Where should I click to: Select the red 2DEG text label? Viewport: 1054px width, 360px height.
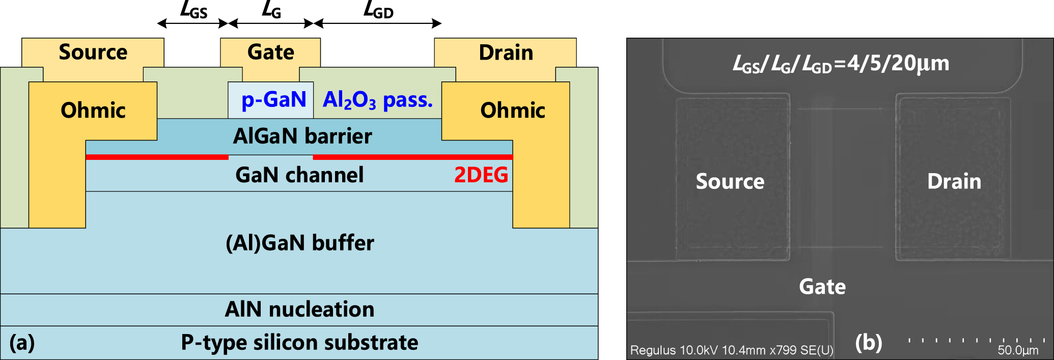[481, 175]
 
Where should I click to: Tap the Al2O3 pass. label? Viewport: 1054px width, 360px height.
[377, 100]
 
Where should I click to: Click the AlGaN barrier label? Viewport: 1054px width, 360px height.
[302, 136]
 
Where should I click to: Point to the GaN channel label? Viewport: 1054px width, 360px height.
[299, 175]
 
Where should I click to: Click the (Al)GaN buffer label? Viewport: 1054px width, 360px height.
[299, 243]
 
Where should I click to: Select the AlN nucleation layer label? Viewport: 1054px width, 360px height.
[299, 310]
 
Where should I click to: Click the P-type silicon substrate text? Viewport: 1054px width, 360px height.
[299, 343]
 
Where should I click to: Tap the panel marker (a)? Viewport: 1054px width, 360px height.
[22, 343]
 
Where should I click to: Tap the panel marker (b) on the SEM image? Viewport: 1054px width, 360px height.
[869, 343]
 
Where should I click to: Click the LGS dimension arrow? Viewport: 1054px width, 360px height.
[192, 23]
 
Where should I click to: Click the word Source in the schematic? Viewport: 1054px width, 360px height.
[93, 52]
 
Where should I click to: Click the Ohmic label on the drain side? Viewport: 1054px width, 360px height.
[512, 110]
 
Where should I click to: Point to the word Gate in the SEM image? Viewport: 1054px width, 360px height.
[822, 287]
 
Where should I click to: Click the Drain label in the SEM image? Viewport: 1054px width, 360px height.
[954, 182]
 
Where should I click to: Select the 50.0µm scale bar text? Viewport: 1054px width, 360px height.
[1017, 350]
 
